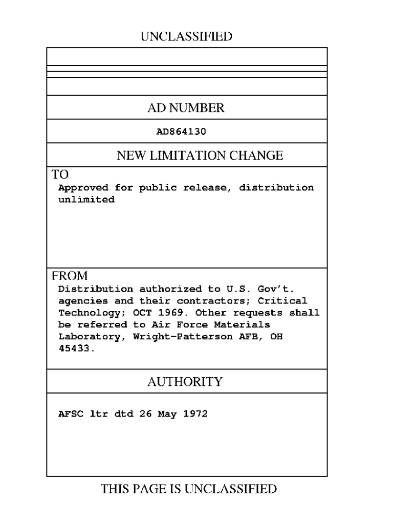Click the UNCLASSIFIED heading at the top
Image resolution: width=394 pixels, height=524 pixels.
pyautogui.click(x=186, y=36)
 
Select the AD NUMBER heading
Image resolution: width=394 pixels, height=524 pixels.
pyautogui.click(x=186, y=108)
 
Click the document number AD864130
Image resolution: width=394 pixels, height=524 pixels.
pyautogui.click(x=181, y=131)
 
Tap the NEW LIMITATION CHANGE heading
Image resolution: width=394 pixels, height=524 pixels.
pyautogui.click(x=200, y=156)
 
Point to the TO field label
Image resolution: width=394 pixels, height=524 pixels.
pyautogui.click(x=59, y=174)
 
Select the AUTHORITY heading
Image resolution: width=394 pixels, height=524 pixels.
pyautogui.click(x=185, y=382)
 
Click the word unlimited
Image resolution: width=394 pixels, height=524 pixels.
pyautogui.click(x=86, y=200)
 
